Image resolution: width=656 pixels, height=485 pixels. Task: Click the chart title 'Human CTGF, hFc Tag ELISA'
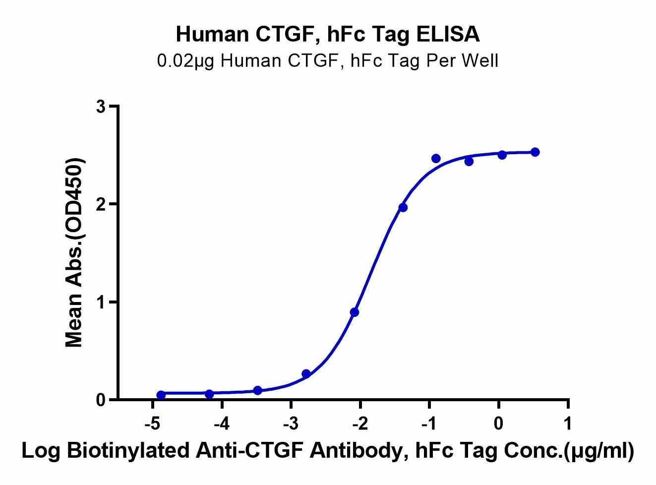point(328,34)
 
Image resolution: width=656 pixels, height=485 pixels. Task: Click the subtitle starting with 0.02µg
point(328,61)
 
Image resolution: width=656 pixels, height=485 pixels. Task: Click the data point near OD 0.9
point(354,312)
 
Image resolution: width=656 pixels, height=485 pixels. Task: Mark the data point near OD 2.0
point(403,207)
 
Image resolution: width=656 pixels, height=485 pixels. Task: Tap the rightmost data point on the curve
point(535,152)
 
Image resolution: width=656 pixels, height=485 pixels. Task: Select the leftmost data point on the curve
point(161,395)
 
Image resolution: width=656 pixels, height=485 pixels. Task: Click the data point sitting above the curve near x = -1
point(436,158)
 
